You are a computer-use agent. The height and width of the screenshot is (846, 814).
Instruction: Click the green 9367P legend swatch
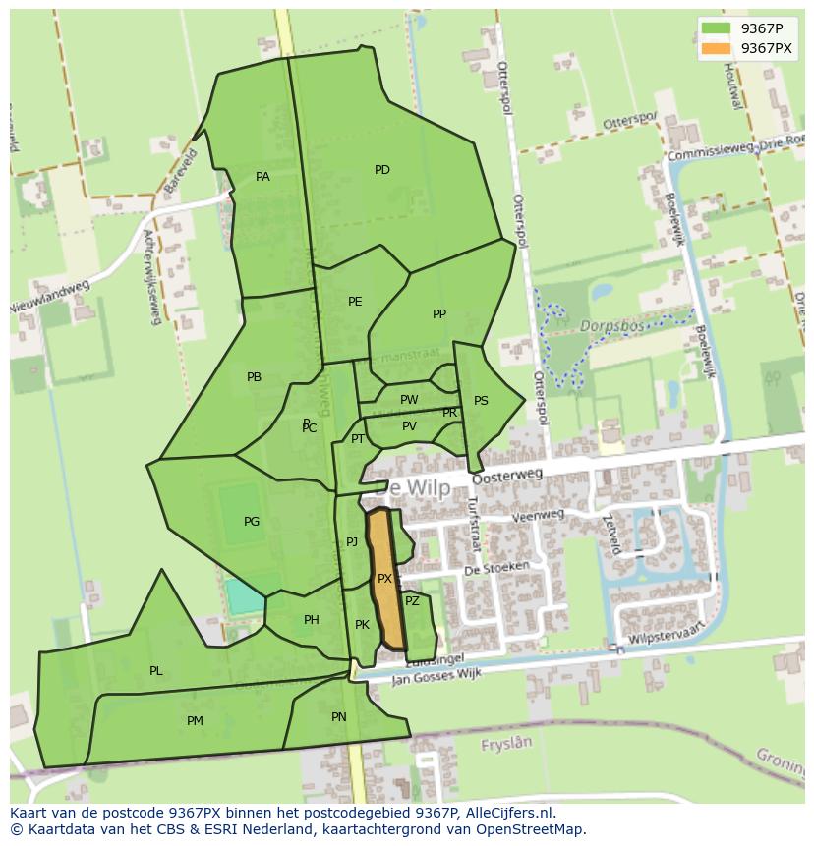click(x=716, y=28)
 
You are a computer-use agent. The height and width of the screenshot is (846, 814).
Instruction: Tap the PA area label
click(x=262, y=177)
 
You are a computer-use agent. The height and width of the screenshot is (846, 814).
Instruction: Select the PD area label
click(x=382, y=170)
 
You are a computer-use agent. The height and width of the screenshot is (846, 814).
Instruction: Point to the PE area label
click(x=355, y=302)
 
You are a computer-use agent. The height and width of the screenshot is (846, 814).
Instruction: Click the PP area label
click(x=439, y=314)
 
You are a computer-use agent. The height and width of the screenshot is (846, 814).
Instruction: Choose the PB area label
click(x=255, y=377)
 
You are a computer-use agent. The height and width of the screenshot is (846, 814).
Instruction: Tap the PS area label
click(x=481, y=401)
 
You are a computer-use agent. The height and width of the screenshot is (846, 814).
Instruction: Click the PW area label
click(x=409, y=400)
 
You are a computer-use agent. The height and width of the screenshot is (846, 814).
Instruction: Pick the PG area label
click(x=252, y=522)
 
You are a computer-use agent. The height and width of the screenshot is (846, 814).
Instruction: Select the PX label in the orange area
click(x=384, y=579)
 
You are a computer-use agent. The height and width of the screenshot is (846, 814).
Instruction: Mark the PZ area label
click(x=412, y=601)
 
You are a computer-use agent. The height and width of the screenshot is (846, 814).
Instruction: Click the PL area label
click(x=156, y=671)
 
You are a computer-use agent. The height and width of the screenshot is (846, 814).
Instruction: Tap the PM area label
click(x=195, y=721)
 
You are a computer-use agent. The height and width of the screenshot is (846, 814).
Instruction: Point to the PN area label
click(x=339, y=717)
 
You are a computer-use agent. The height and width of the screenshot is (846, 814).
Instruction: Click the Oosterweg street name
click(x=507, y=477)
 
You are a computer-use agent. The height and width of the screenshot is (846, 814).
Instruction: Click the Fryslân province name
click(x=505, y=745)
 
